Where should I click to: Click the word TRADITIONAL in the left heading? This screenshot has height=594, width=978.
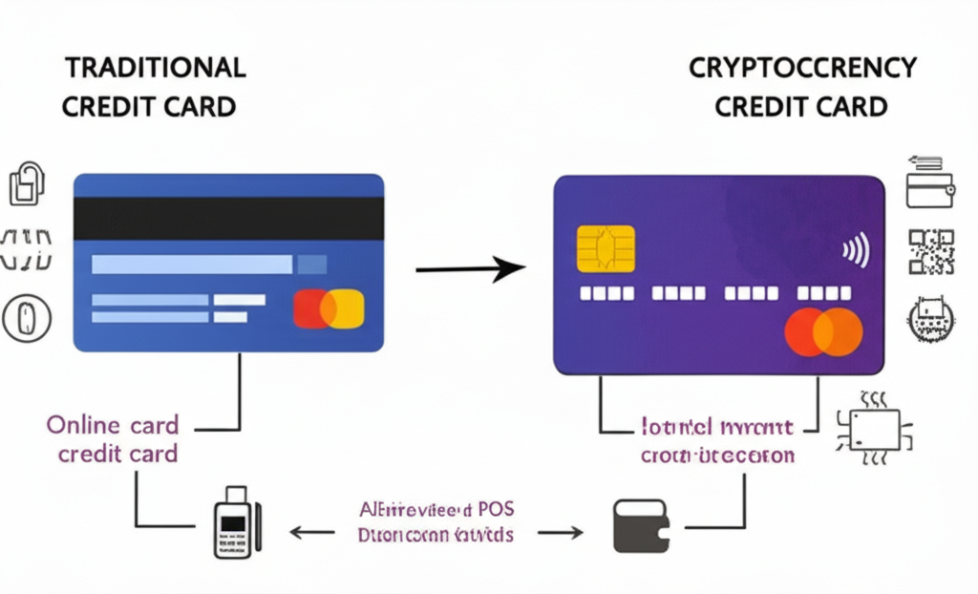(154, 67)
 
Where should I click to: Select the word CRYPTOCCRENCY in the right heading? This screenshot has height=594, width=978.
(801, 67)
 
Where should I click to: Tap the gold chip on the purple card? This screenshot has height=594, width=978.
(606, 248)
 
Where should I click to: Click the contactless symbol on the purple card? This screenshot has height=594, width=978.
(855, 252)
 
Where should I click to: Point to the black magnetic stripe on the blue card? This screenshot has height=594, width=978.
(228, 220)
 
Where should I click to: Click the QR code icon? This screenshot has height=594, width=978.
(931, 251)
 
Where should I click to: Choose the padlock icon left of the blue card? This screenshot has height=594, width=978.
(25, 183)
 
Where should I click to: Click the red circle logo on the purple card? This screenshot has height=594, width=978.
(806, 332)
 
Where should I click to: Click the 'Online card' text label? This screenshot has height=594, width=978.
(112, 423)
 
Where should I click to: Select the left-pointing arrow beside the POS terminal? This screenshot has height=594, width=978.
(309, 532)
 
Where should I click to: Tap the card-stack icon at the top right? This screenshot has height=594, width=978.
(930, 182)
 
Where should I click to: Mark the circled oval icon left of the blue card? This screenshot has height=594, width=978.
(26, 318)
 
